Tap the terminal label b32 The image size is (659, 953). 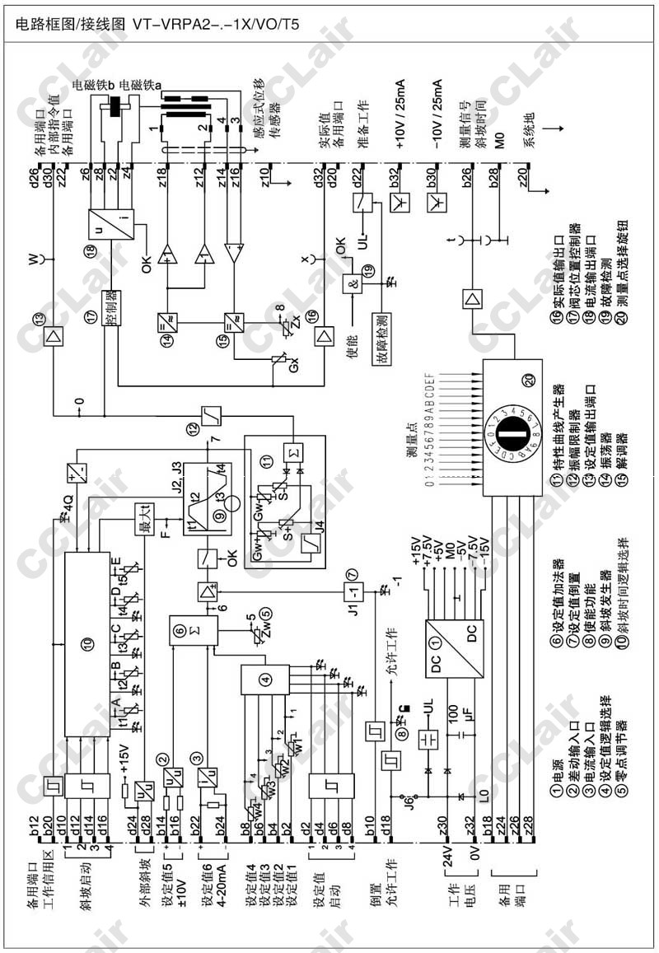tap(395, 176)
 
